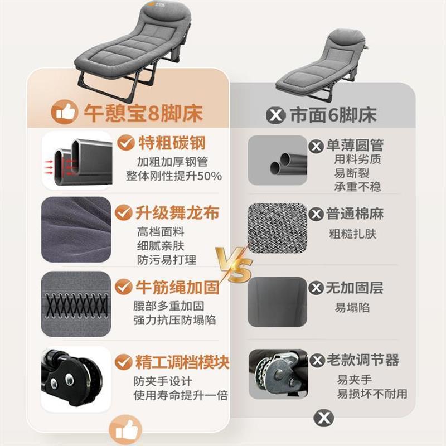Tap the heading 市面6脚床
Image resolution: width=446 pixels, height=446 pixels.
pos(333,115)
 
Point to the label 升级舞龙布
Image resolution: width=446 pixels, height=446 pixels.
pos(169,213)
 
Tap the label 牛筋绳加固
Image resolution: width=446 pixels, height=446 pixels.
pos(169,288)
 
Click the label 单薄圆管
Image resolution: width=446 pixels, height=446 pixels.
pos(354,146)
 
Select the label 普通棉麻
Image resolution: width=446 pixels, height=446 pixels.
pos(355,214)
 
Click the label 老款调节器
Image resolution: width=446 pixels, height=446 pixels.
pos(362,360)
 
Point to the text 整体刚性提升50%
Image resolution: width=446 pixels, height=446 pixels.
pos(174,176)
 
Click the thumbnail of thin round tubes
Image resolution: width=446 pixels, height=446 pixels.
pos(278,160)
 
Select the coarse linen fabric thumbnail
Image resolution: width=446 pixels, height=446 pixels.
pos(278,227)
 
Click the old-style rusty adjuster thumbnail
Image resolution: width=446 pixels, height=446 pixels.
pos(278,374)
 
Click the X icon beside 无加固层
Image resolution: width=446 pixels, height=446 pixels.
pos(317,288)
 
